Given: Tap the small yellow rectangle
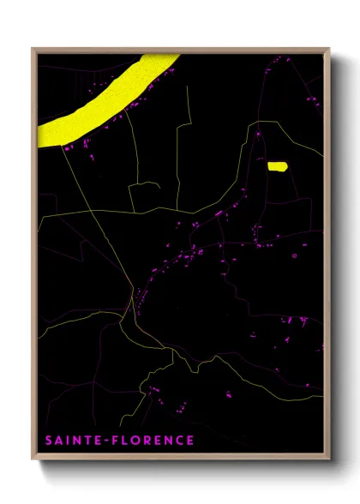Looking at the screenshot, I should point(277,166).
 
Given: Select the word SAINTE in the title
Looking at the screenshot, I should point(71,441).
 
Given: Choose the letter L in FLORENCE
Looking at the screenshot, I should point(121,441).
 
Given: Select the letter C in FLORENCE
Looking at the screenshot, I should point(177,441).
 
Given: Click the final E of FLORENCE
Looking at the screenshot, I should point(189,441).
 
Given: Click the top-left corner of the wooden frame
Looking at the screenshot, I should point(33,49).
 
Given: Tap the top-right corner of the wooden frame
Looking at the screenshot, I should point(330,49).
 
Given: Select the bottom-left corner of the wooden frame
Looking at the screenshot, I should point(33,460).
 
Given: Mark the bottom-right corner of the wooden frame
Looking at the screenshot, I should point(330,460).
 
